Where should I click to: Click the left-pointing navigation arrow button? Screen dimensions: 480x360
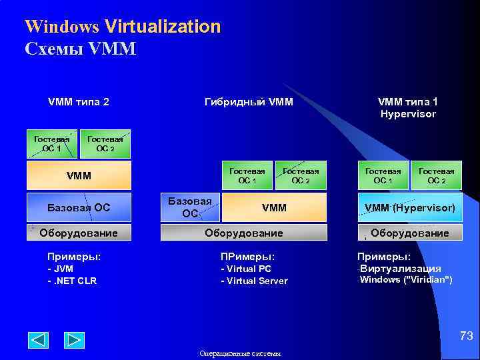[38, 340]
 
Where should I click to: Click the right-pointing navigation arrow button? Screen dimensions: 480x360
[74, 340]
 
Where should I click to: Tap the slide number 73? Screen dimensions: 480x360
[466, 337]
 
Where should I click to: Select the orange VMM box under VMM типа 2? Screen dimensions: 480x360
[79, 176]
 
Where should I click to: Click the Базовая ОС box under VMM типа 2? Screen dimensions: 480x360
[79, 207]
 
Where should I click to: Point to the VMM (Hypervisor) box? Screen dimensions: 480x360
[409, 207]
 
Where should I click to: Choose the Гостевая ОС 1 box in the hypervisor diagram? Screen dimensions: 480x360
[383, 176]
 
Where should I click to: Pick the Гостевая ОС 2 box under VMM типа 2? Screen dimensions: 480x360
[105, 143]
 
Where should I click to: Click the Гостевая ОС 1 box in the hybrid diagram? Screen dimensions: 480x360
[247, 176]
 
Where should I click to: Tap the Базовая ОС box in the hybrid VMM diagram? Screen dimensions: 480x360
[190, 207]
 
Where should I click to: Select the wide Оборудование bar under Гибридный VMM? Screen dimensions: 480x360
[244, 233]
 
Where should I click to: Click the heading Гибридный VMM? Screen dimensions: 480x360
[248, 102]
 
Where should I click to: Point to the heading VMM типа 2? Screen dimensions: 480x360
[79, 102]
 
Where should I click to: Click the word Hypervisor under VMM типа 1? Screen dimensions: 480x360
[408, 114]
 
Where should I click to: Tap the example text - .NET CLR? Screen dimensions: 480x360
[71, 281]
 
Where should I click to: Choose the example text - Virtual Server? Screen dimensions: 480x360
[254, 281]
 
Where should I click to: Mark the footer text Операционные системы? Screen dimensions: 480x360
[240, 354]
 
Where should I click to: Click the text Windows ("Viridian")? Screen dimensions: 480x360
[406, 279]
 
